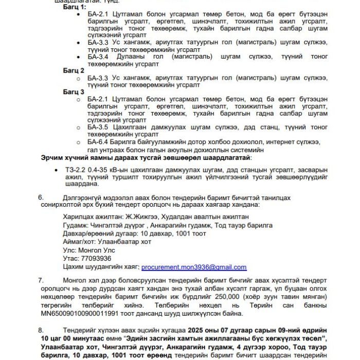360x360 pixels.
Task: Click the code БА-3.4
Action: (98, 56)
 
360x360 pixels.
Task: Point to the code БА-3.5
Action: (98, 128)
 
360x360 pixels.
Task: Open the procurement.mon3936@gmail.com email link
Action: (194, 267)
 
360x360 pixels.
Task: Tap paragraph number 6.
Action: (41, 197)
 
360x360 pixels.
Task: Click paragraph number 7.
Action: (41, 280)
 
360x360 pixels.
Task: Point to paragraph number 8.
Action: (41, 330)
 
